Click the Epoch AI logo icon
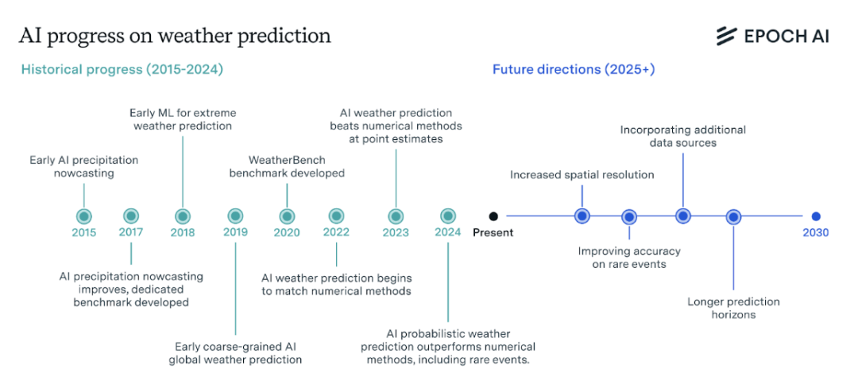tap(726, 36)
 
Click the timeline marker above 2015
tap(83, 216)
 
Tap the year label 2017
tap(131, 233)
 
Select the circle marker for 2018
tap(183, 216)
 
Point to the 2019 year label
tap(235, 233)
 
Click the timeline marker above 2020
tap(287, 216)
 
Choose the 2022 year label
tap(336, 233)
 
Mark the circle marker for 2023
tap(396, 216)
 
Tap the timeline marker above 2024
tap(448, 216)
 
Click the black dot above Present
tap(493, 216)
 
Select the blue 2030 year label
tap(815, 233)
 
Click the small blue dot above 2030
tap(815, 216)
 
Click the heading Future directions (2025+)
tap(573, 69)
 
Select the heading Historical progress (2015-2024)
tap(122, 69)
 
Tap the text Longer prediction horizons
tap(733, 308)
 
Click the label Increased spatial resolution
tap(582, 174)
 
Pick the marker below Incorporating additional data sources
tap(682, 216)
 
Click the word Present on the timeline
tap(493, 233)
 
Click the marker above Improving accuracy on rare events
tap(629, 216)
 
